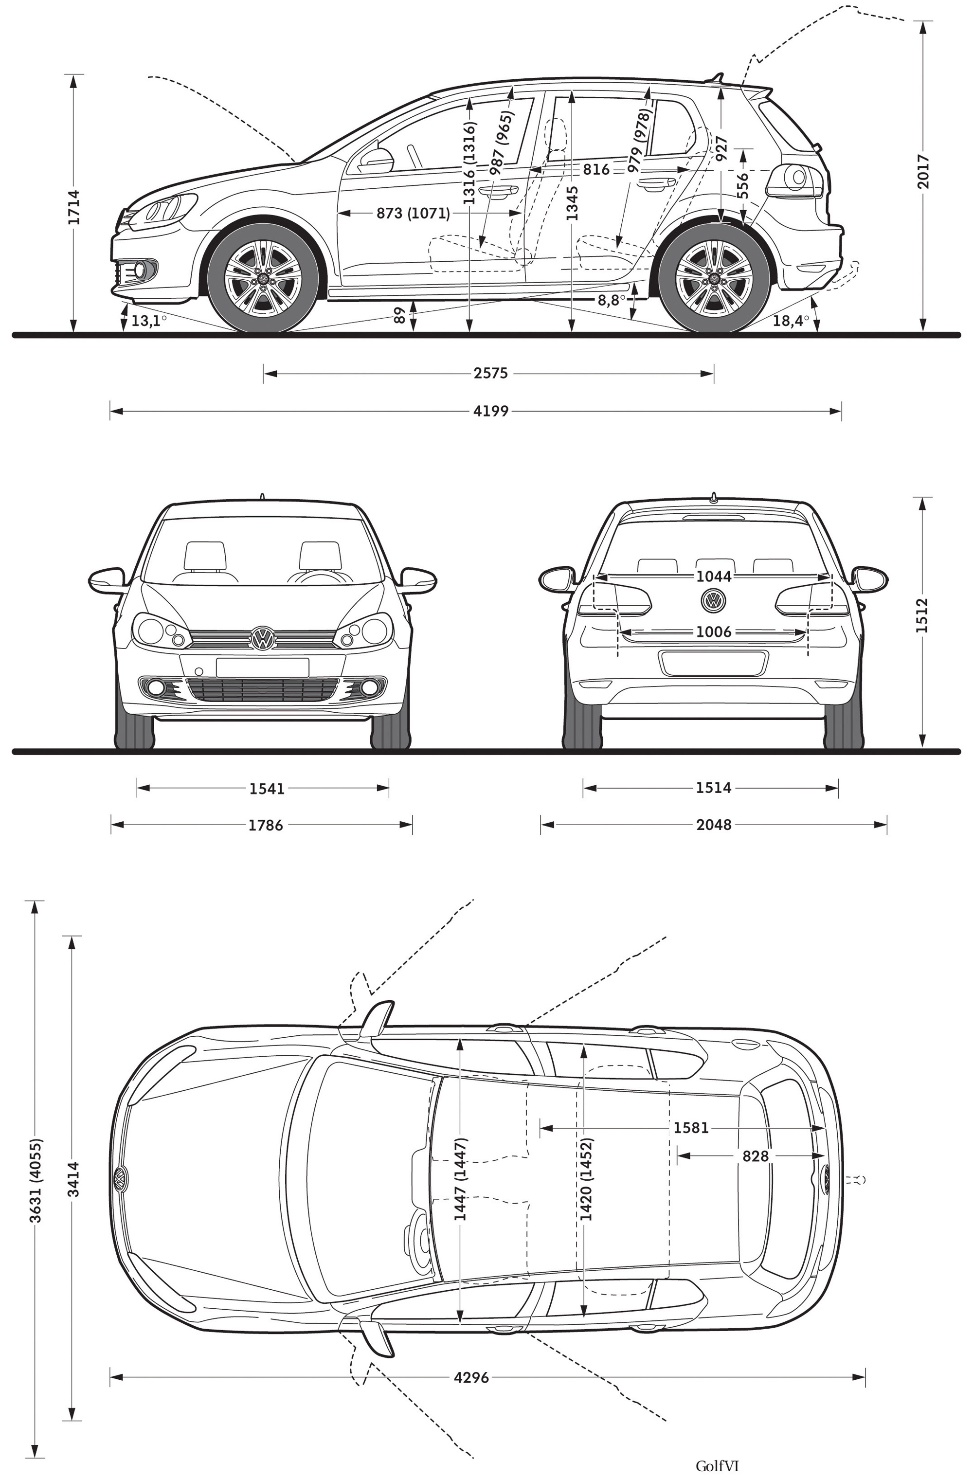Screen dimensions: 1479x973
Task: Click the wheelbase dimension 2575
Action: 490,374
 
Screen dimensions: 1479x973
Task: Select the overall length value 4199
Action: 490,411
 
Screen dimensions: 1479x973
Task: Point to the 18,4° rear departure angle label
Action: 791,321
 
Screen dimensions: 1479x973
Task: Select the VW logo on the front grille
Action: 263,639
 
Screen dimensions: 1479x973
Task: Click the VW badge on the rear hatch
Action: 713,600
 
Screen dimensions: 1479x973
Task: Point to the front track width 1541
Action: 267,789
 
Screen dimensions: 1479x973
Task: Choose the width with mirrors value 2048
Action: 714,825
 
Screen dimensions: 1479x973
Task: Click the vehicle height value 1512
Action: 922,615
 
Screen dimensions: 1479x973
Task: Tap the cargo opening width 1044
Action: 713,577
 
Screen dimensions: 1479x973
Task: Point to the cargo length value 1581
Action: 691,1127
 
